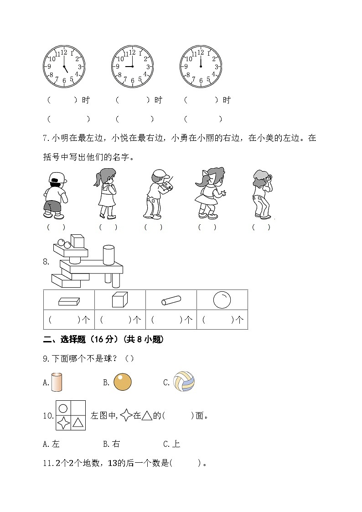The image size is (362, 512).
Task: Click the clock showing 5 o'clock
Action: [x=64, y=67]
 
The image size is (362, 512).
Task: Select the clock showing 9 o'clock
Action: [x=132, y=67]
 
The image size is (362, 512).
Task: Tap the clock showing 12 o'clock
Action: [x=201, y=67]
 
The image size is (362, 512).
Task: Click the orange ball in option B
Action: [x=122, y=382]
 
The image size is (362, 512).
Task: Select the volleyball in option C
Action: [x=184, y=382]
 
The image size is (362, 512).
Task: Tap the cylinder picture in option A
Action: [x=56, y=382]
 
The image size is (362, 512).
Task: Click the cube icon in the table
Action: [x=119, y=300]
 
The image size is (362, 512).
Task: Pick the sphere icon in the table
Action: [x=222, y=300]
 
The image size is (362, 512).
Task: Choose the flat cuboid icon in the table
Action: [x=69, y=301]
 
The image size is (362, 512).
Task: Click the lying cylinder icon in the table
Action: [x=171, y=300]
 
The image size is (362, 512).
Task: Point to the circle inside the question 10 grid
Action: [x=63, y=409]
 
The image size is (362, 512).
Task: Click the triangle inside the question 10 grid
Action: [x=78, y=423]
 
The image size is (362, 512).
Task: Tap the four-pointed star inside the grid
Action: [x=63, y=423]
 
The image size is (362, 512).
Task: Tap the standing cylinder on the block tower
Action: [x=109, y=255]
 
